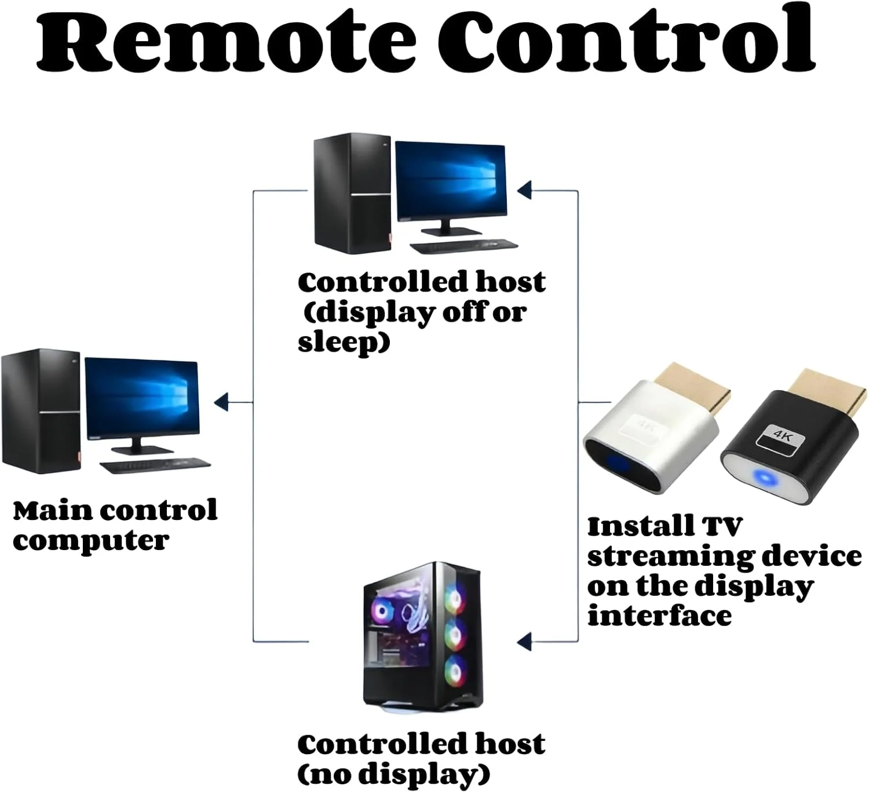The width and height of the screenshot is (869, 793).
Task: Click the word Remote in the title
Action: click(226, 41)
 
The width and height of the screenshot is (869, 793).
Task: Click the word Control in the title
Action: click(626, 41)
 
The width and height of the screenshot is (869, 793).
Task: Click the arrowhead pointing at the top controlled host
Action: click(525, 190)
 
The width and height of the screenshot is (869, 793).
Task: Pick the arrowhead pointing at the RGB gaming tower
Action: click(525, 641)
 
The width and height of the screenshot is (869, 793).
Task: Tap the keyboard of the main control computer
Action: click(155, 465)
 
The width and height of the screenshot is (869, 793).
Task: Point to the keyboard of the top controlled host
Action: click(463, 246)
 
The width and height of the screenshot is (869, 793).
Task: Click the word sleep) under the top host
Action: click(344, 342)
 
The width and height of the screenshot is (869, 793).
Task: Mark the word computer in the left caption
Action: click(91, 541)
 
